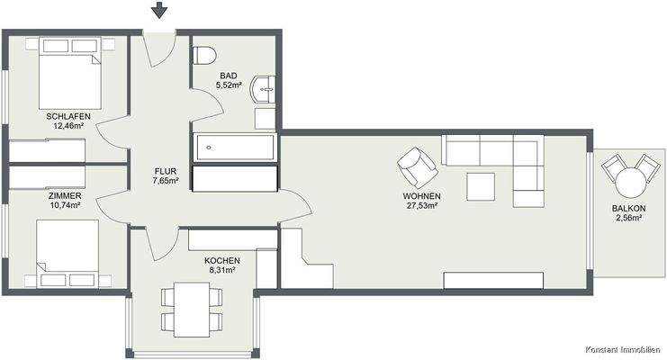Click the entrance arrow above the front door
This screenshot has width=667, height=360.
click(159, 11)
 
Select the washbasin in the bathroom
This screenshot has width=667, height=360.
click(266, 88)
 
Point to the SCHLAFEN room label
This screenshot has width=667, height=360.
click(69, 117)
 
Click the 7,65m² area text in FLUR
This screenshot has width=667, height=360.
click(166, 180)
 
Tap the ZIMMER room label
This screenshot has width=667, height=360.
click(65, 195)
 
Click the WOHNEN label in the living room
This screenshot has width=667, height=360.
click(421, 196)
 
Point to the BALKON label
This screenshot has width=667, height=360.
click(627, 209)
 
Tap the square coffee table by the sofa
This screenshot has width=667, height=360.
click(481, 186)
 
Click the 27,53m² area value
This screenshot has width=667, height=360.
click(421, 206)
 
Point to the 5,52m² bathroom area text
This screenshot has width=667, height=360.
click(230, 85)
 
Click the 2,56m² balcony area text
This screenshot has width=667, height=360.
click(627, 219)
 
